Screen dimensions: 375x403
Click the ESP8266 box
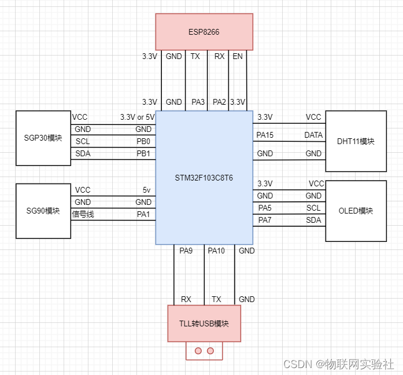click(x=204, y=31)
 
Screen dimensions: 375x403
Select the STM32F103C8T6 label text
click(x=204, y=178)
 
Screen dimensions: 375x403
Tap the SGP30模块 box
click(x=43, y=138)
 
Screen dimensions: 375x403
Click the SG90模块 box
click(x=43, y=211)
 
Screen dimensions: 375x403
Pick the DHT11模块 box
click(x=356, y=141)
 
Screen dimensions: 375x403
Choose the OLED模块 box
click(x=356, y=211)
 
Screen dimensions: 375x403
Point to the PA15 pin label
click(x=265, y=135)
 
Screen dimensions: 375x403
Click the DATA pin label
click(x=313, y=135)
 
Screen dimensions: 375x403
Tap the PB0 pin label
click(x=143, y=142)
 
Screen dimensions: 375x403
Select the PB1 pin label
click(x=143, y=154)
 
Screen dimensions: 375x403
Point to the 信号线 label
click(x=83, y=215)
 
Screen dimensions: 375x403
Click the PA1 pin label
click(x=143, y=215)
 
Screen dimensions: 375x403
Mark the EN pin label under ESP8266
click(x=237, y=57)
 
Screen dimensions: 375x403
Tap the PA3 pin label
click(x=198, y=102)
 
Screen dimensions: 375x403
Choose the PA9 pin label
click(x=186, y=251)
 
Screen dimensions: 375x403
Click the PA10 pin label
click(x=216, y=251)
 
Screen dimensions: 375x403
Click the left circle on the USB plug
click(x=198, y=351)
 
